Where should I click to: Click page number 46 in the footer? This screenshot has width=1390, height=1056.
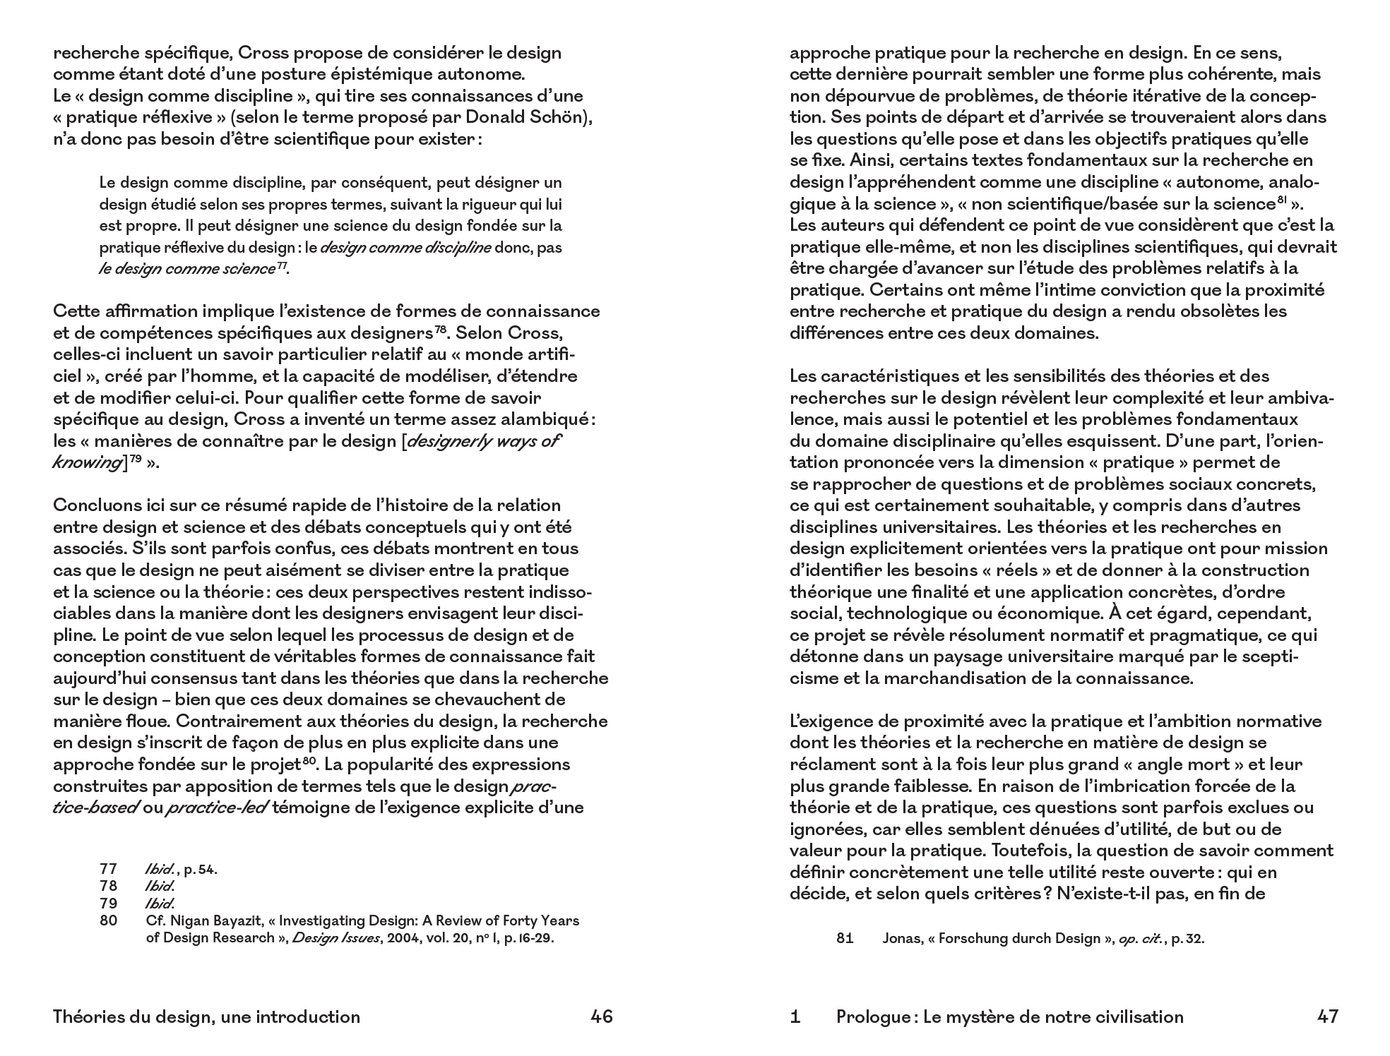pos(601,1016)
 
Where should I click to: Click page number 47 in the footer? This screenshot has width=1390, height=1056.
pos(1327,1016)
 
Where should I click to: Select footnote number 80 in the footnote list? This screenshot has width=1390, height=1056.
pos(108,920)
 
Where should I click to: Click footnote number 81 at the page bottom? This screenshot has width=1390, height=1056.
pos(845,938)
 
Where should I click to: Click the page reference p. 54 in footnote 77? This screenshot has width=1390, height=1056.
pos(201,870)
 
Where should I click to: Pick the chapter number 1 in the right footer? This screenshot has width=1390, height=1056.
pos(795,1016)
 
